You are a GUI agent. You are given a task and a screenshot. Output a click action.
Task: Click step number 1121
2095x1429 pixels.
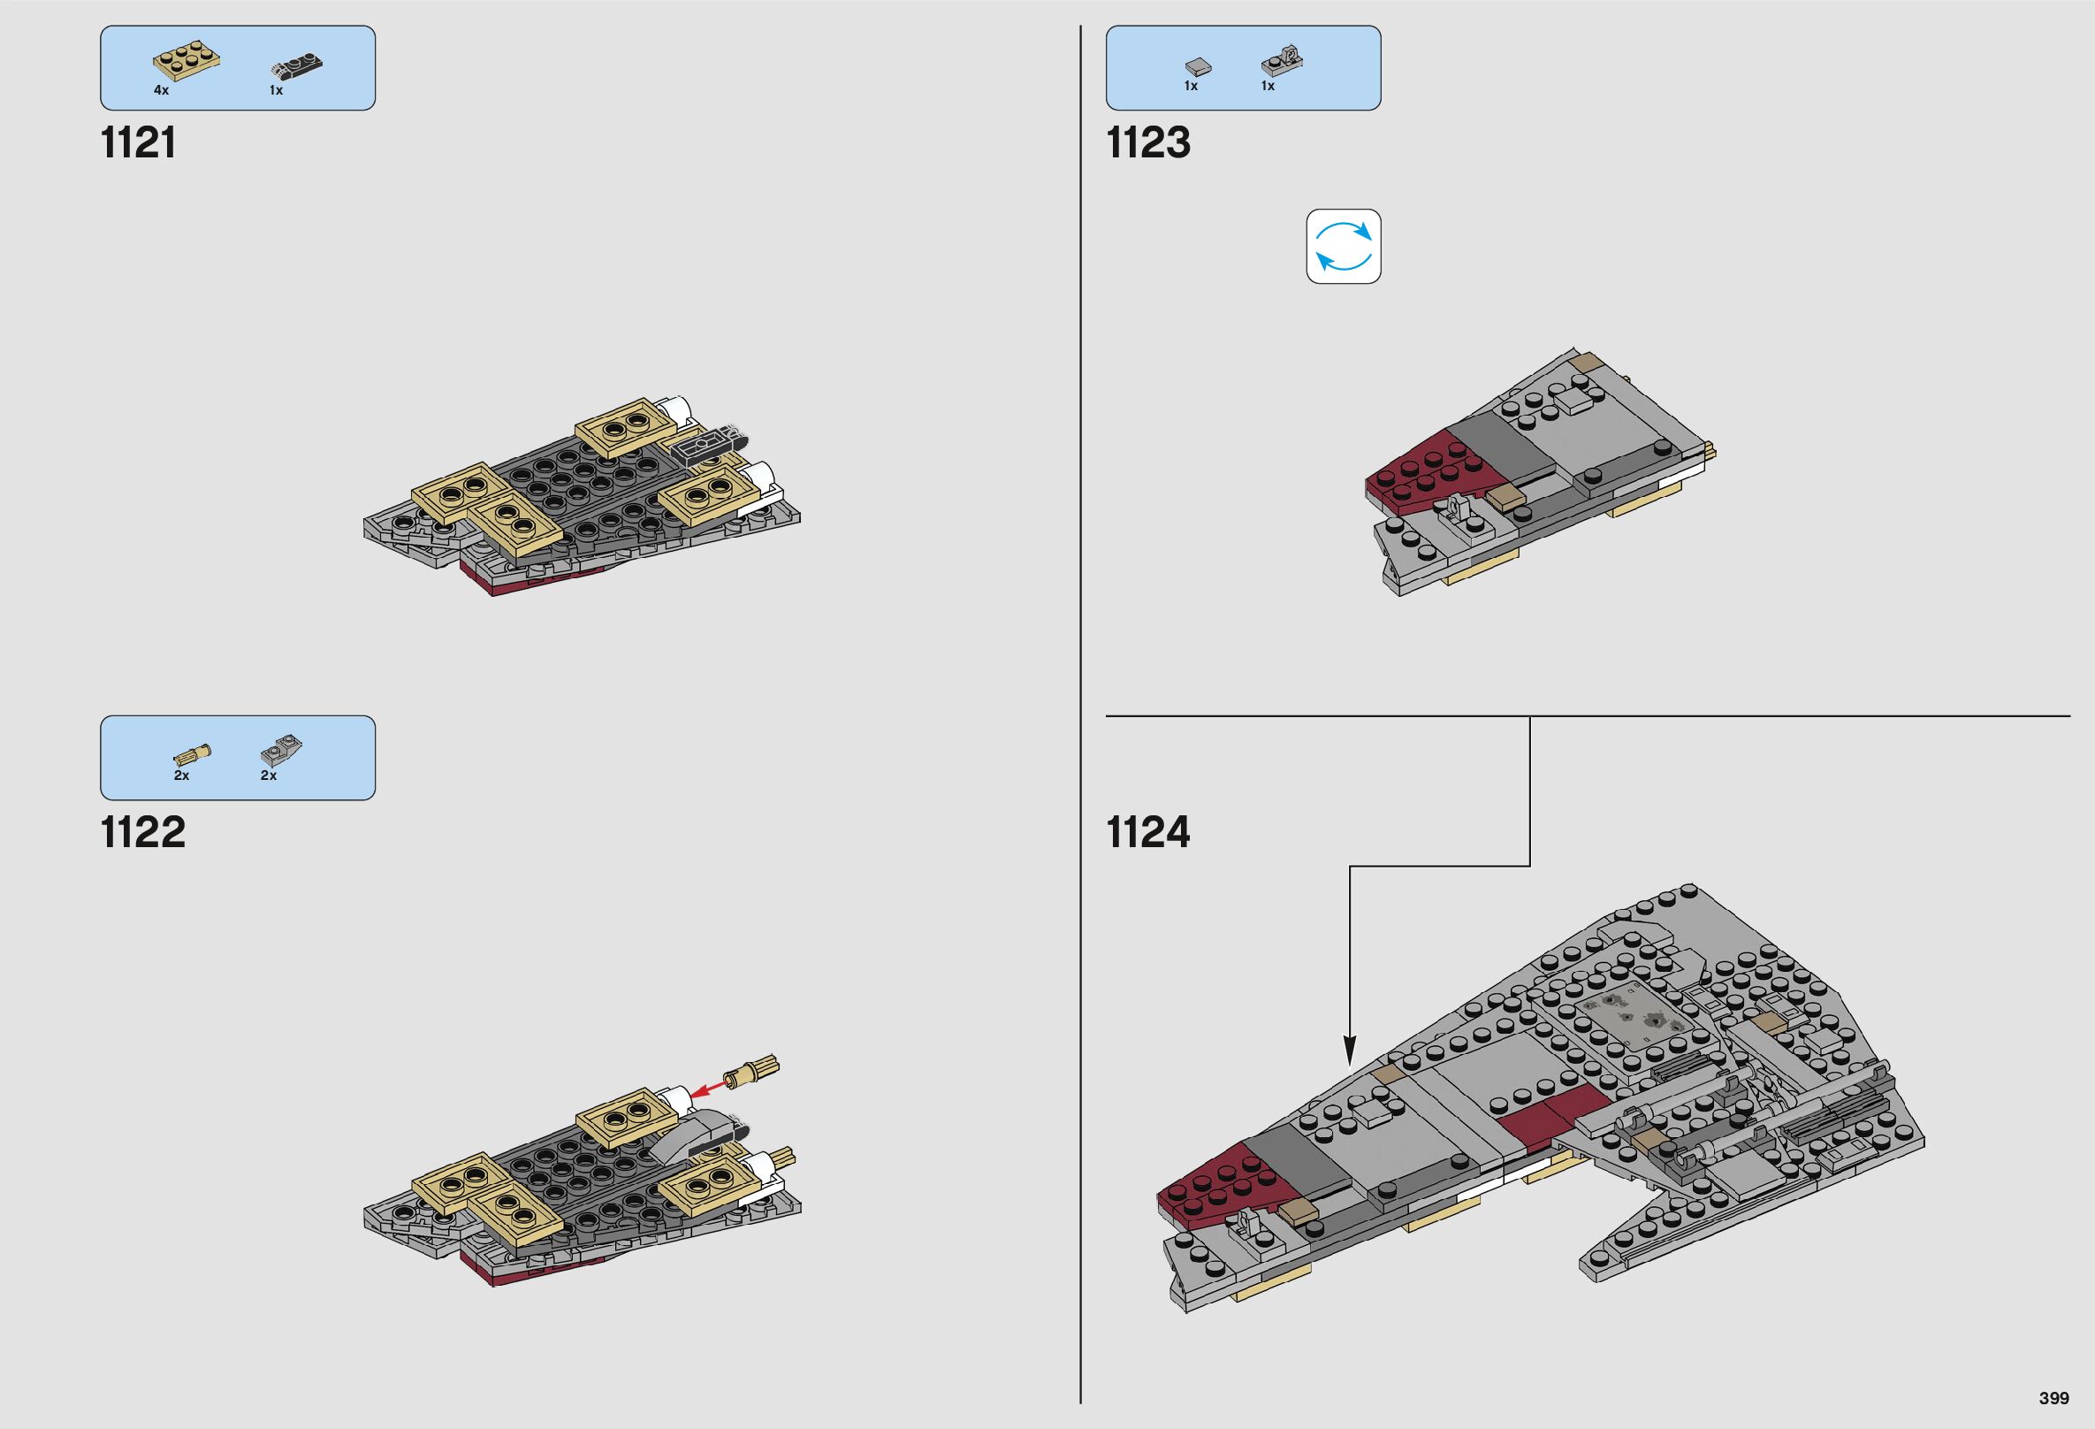(x=138, y=143)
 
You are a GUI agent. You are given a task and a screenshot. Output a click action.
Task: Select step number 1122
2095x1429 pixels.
(x=143, y=832)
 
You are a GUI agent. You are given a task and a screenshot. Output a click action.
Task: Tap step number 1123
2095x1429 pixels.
(x=1147, y=143)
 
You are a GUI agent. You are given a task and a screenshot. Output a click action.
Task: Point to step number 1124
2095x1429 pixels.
(x=1147, y=832)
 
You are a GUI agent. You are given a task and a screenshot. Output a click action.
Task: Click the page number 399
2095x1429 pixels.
(x=2053, y=1398)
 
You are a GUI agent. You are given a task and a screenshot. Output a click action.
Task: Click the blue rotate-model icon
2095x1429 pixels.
(x=1343, y=246)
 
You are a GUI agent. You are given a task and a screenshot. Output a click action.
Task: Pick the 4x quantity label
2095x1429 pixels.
(x=162, y=90)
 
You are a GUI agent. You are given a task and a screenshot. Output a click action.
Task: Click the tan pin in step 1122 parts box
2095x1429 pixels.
(x=192, y=753)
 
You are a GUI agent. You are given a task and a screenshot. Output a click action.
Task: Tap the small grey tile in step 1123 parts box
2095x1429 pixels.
(x=1197, y=65)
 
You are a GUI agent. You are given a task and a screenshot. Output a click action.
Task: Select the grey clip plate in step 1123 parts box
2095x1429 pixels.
(x=1282, y=61)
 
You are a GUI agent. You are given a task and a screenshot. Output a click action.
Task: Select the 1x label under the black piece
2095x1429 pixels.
(x=276, y=90)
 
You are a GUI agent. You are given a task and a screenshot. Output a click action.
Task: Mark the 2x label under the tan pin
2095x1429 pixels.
(x=181, y=776)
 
